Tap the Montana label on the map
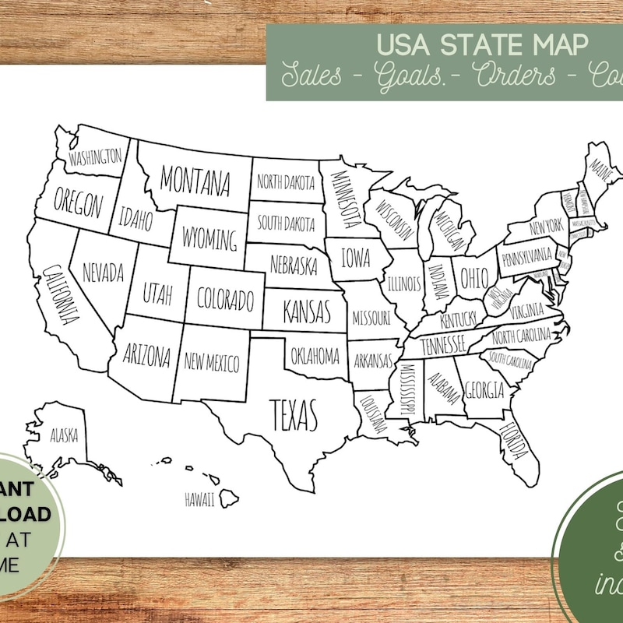(x=195, y=180)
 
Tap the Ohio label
(x=473, y=276)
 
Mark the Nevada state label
(x=103, y=273)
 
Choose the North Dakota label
(x=286, y=183)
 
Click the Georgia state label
(x=484, y=389)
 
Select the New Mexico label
(x=211, y=361)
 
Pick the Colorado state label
(x=225, y=298)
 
